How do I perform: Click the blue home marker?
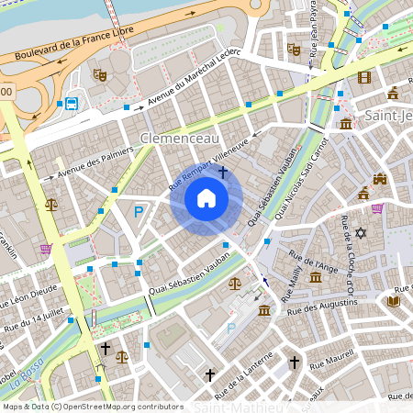(x=206, y=198)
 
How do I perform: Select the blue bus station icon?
(x=72, y=102)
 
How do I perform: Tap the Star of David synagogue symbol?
(x=361, y=233)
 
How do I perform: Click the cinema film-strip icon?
(x=364, y=77)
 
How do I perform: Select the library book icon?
(x=394, y=300)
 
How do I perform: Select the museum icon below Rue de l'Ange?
(x=316, y=277)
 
